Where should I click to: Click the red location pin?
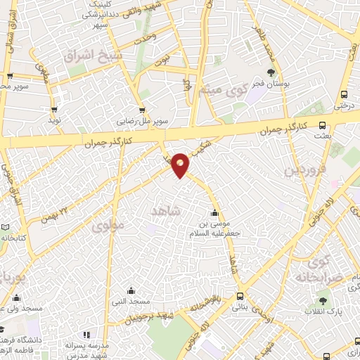[181, 165]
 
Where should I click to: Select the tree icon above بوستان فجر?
[271, 72]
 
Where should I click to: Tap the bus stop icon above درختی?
[344, 95]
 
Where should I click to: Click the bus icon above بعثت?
[322, 126]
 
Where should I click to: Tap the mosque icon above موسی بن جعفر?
[214, 214]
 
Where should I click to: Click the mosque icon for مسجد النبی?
[131, 290]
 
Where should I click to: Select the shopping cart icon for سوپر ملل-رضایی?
[142, 110]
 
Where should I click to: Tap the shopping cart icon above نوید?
[54, 110]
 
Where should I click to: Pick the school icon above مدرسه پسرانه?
[86, 335]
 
